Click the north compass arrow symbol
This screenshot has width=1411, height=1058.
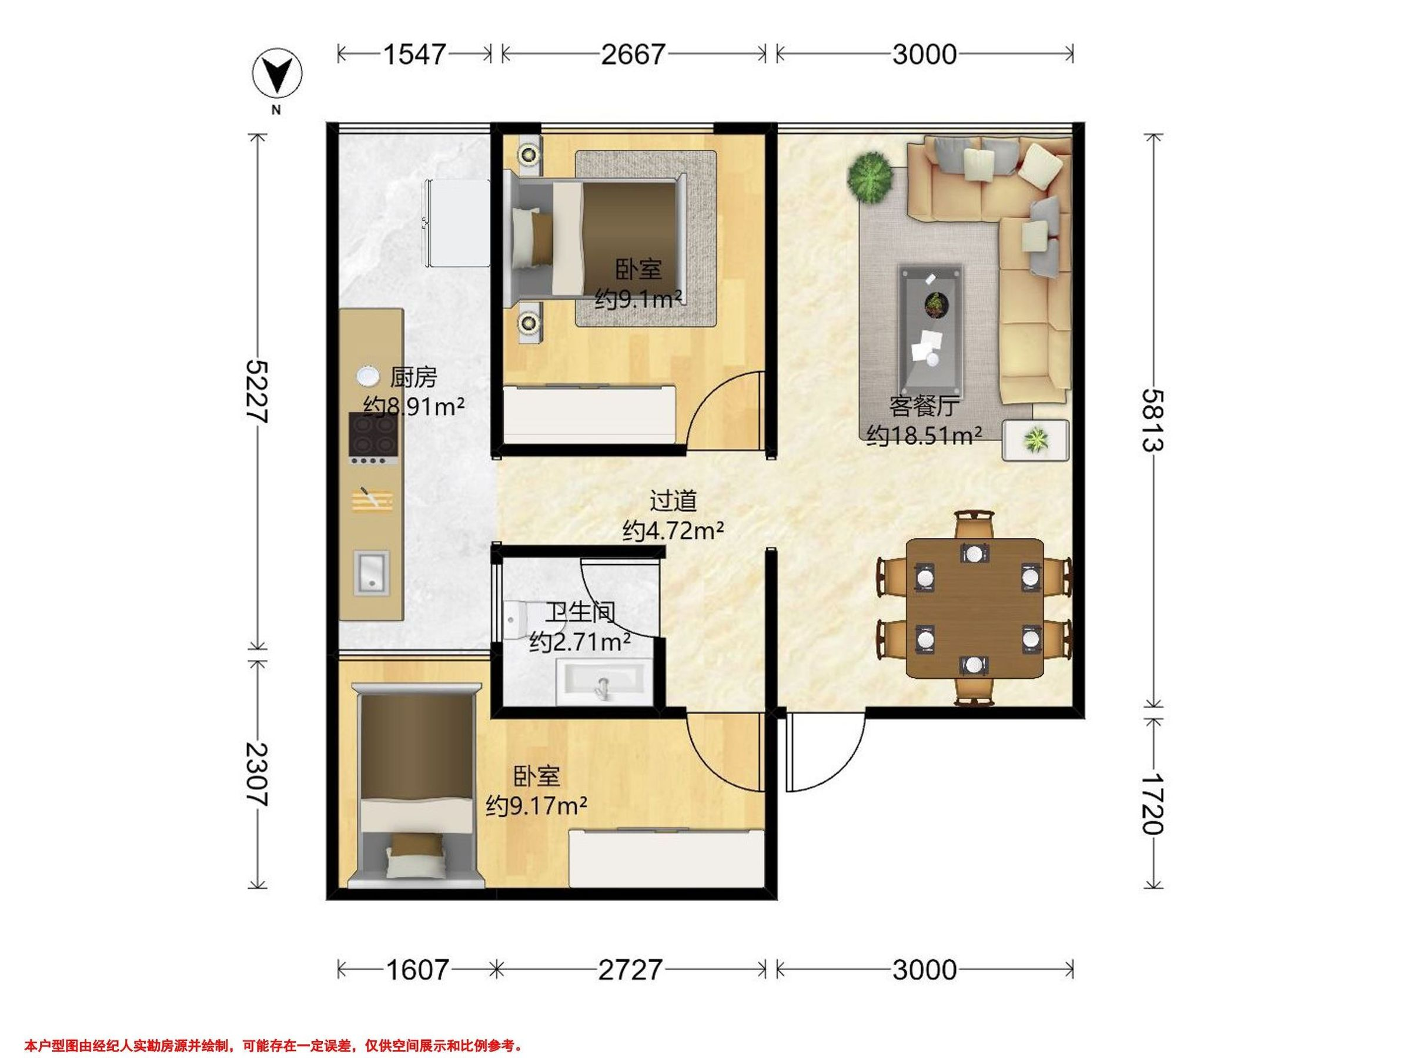coord(277,76)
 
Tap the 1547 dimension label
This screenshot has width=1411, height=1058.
coord(414,54)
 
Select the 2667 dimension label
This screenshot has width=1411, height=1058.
coord(633,54)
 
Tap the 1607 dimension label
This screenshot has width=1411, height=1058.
coord(418,969)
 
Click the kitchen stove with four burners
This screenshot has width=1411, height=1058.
coord(374,438)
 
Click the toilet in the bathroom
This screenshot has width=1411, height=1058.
coord(515,618)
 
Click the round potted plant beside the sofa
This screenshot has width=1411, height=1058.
coord(870,178)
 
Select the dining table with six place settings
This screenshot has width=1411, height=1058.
coord(974,608)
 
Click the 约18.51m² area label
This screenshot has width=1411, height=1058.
coord(924,436)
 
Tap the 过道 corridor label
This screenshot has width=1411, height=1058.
coord(673,501)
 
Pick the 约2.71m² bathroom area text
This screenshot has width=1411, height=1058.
coord(580,642)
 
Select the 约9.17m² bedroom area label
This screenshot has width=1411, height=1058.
coord(536,807)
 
